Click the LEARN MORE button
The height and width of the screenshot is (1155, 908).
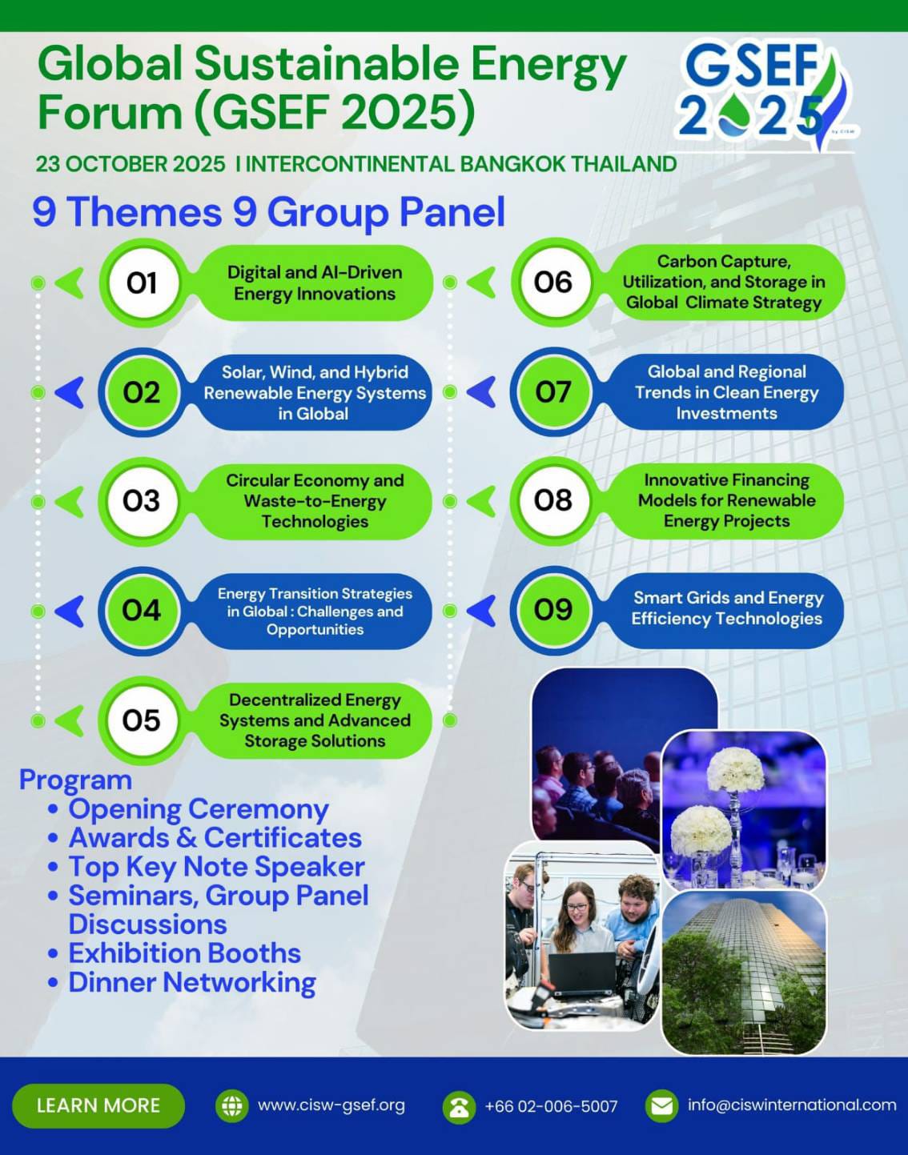tap(98, 1105)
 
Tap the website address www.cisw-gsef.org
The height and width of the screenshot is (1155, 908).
tap(331, 1105)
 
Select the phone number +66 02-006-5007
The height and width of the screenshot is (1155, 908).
tap(551, 1106)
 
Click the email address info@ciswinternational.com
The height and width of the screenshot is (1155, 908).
tap(792, 1105)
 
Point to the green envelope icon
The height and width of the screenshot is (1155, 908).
tap(661, 1105)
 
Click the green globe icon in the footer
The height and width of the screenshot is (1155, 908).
tap(231, 1105)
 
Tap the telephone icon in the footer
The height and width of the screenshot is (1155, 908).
tap(459, 1107)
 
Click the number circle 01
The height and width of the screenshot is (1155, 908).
tap(142, 283)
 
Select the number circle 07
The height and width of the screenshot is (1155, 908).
tap(552, 391)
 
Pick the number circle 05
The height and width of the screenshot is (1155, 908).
tap(142, 720)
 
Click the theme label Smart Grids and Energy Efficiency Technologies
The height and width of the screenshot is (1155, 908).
tap(727, 608)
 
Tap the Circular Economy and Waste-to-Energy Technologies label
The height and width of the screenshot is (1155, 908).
tap(315, 501)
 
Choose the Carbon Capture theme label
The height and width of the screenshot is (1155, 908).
tap(724, 282)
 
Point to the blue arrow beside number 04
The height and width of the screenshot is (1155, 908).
tap(70, 612)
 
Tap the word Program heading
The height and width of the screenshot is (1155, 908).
tap(75, 780)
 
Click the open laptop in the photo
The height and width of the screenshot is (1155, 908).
tap(582, 973)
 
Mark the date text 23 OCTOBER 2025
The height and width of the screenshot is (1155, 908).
tap(131, 164)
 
